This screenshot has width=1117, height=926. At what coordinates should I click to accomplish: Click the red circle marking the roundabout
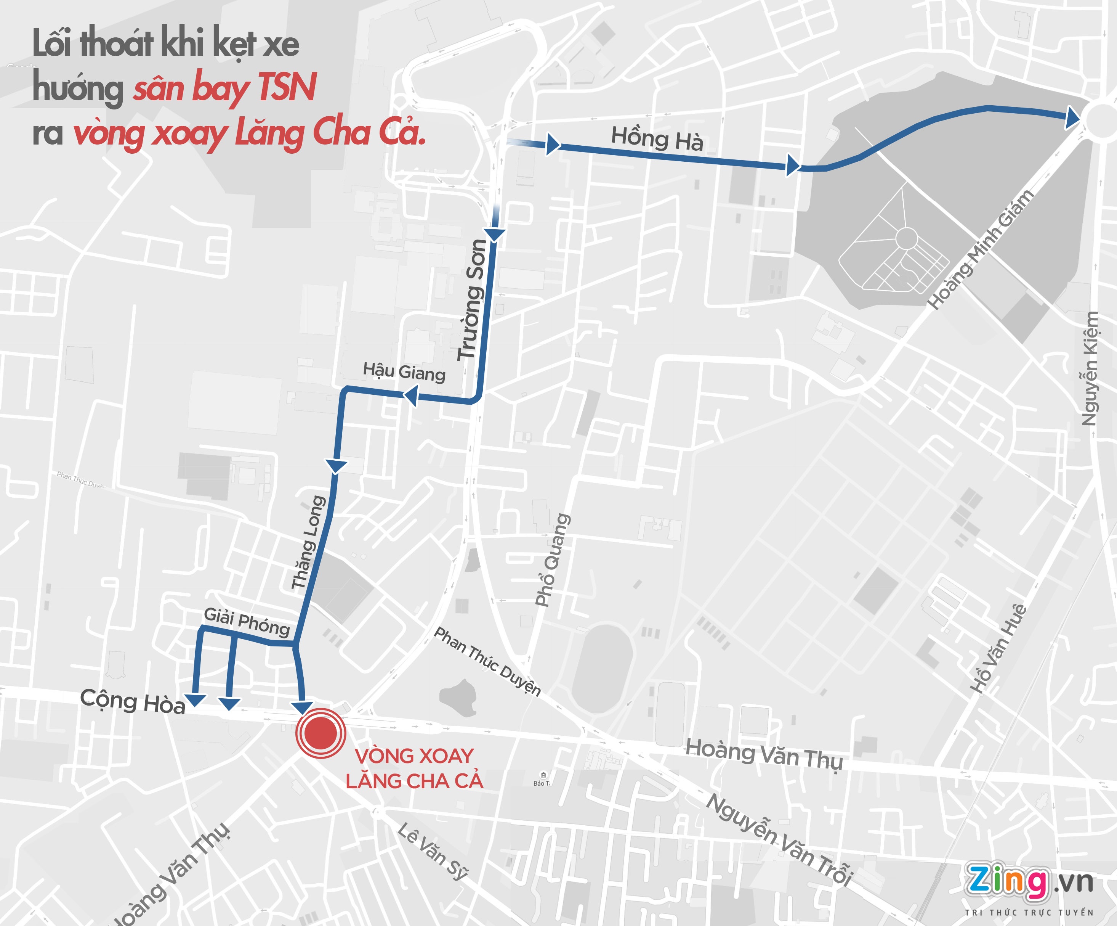pyautogui.click(x=321, y=733)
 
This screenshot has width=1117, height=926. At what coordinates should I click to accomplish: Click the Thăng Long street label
pyautogui.click(x=309, y=542)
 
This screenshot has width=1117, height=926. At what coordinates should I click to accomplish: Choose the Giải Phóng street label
pyautogui.click(x=247, y=622)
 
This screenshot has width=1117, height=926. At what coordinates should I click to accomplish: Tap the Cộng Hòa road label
pyautogui.click(x=133, y=701)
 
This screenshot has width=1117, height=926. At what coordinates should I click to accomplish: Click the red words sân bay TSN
pyautogui.click(x=224, y=88)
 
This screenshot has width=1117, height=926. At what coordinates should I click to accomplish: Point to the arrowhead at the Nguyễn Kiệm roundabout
pyautogui.click(x=1071, y=118)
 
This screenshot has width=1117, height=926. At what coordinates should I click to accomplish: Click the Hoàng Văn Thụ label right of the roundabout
pyautogui.click(x=764, y=753)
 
